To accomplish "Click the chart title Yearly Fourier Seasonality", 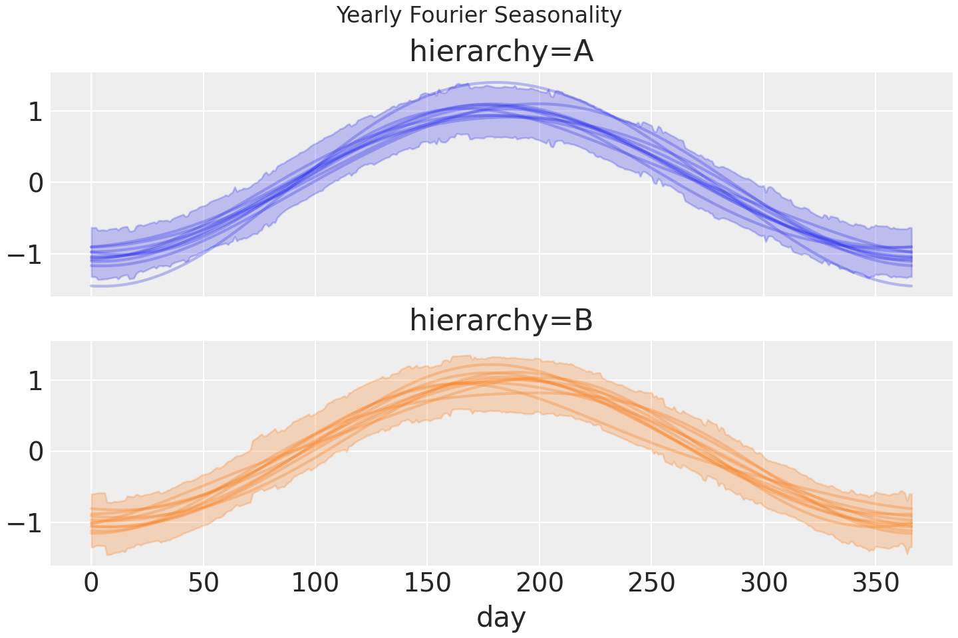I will [x=479, y=15].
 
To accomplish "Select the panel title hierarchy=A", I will [x=501, y=52].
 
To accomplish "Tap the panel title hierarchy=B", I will [x=501, y=321].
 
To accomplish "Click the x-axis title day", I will [x=501, y=617].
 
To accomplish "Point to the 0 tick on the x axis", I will [x=91, y=584].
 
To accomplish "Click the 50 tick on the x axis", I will [x=204, y=584].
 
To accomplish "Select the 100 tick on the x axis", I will [x=315, y=584].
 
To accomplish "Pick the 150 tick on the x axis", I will [x=427, y=584].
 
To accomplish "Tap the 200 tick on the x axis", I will [x=540, y=584].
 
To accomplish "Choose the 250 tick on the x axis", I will [x=651, y=584].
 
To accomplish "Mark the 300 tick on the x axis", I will [x=764, y=584].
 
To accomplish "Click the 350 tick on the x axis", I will [x=876, y=584].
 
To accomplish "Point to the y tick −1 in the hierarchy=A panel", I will [x=25, y=254].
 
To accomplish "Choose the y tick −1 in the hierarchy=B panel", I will [x=25, y=523].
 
